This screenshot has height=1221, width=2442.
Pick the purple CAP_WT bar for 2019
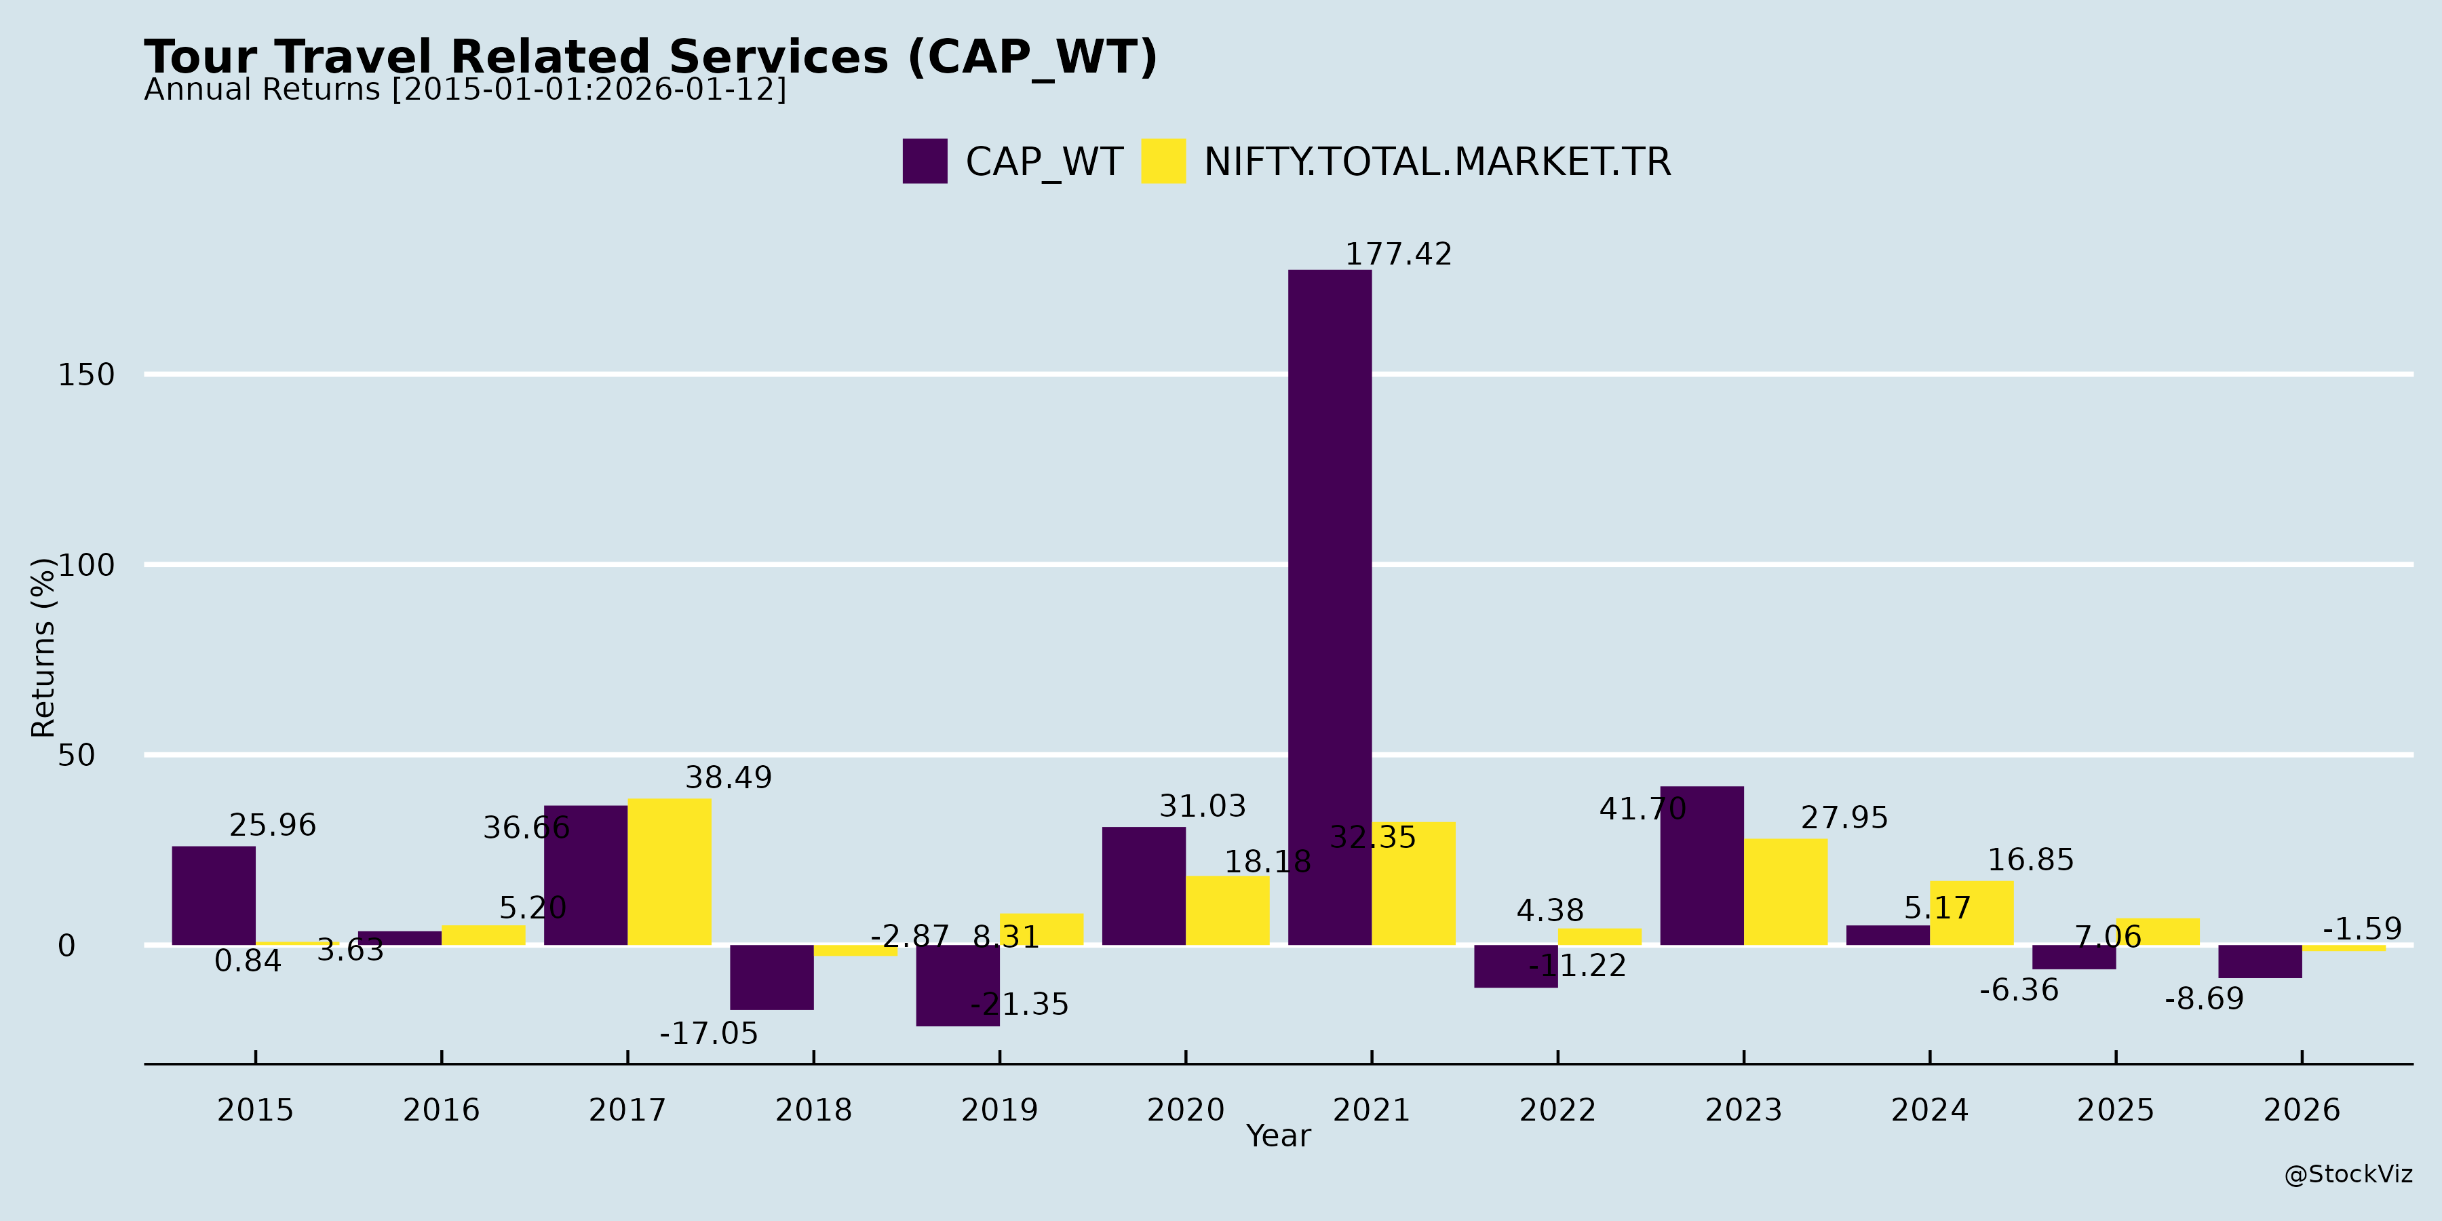click(x=957, y=985)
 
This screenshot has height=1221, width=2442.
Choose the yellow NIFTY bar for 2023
click(x=1785, y=891)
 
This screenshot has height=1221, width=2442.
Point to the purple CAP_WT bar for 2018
click(x=772, y=976)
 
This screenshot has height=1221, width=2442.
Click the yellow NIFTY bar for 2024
click(x=1972, y=913)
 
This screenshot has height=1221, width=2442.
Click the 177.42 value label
click(x=1398, y=254)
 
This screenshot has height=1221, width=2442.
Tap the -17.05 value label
click(x=709, y=1033)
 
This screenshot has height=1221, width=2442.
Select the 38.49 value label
click(x=728, y=777)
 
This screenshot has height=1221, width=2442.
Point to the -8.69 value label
click(x=2204, y=999)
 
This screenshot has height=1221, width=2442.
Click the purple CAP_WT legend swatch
click(x=925, y=161)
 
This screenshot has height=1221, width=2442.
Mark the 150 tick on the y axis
click(x=86, y=374)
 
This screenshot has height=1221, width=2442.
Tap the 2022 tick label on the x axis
click(x=1557, y=1109)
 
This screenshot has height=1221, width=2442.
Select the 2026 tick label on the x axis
click(x=2302, y=1109)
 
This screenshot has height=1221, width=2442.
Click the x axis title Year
click(x=1278, y=1136)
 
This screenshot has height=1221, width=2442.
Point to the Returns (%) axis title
click(x=43, y=648)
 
